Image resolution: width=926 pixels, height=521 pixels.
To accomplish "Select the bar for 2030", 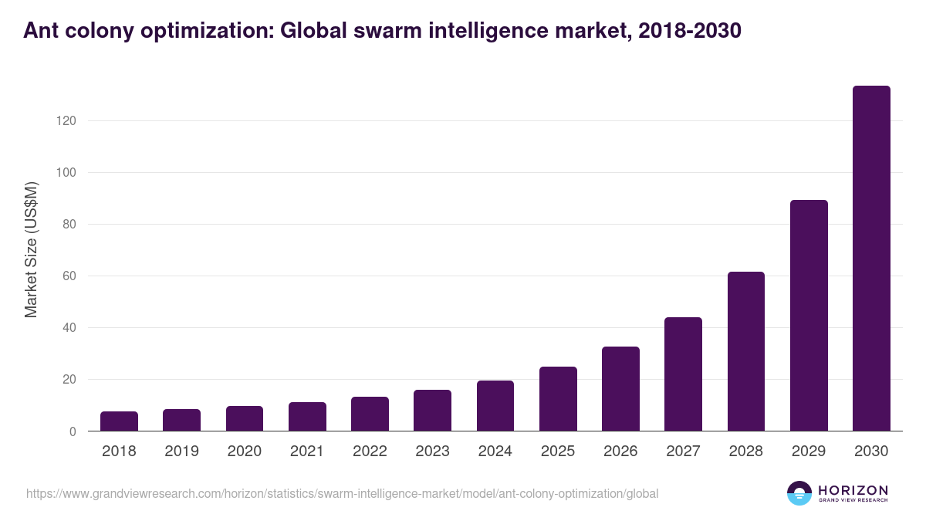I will point(871,259).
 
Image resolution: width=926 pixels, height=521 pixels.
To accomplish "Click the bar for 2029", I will point(809,316).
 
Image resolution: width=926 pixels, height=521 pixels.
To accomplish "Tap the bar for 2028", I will point(745,351).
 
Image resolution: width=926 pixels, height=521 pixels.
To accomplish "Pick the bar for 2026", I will point(620,389).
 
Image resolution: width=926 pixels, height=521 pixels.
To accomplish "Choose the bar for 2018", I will point(119,421).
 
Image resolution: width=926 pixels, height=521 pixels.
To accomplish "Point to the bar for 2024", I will point(495,406).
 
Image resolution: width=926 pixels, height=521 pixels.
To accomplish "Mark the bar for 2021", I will point(307,417).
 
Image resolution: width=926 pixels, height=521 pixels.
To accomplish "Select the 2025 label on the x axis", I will point(557,452).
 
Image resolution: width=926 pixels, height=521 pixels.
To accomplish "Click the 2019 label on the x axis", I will point(181,452).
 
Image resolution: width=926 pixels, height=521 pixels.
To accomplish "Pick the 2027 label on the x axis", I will point(683,452).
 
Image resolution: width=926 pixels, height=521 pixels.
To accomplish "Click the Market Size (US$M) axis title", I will point(31,249).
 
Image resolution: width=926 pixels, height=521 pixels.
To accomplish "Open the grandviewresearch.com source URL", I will point(342,493).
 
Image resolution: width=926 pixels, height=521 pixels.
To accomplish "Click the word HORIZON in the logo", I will point(853,490).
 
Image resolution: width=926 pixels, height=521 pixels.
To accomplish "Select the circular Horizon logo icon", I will point(799,493).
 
